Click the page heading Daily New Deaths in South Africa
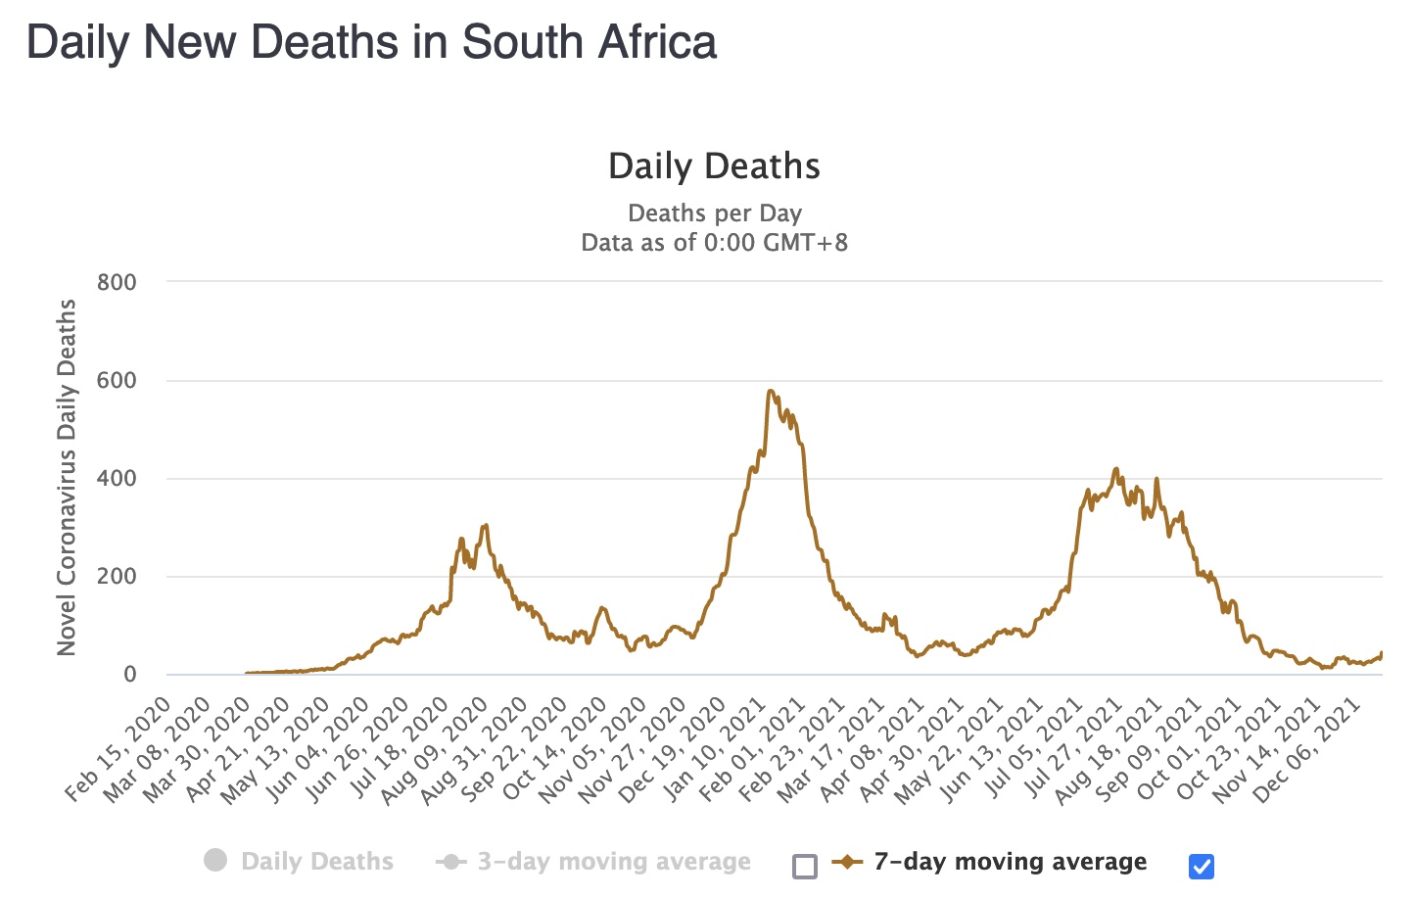pyautogui.click(x=371, y=43)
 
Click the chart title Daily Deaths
pyautogui.click(x=714, y=166)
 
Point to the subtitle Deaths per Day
pyautogui.click(x=714, y=213)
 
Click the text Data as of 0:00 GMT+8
pyautogui.click(x=714, y=243)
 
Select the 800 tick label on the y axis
pyautogui.click(x=117, y=283)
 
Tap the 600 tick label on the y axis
pyautogui.click(x=117, y=381)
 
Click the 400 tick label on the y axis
pyautogui.click(x=117, y=479)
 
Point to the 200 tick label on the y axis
pyautogui.click(x=117, y=577)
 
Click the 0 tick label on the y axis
pyautogui.click(x=129, y=675)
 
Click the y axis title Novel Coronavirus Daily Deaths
pyautogui.click(x=67, y=477)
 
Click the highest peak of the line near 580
pyautogui.click(x=771, y=391)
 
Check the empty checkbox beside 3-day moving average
pyautogui.click(x=805, y=866)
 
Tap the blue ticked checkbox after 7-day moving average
pyautogui.click(x=1202, y=866)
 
